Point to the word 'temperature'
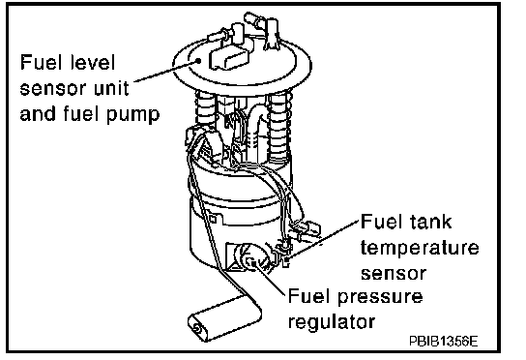(x=420, y=248)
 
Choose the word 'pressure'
(x=380, y=297)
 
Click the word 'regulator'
(x=332, y=321)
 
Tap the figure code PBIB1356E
(x=443, y=342)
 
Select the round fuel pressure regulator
(x=252, y=258)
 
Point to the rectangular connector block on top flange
(x=229, y=58)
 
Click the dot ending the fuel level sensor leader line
(x=198, y=60)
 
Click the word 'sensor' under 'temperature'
(x=394, y=273)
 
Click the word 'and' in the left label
(x=38, y=113)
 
